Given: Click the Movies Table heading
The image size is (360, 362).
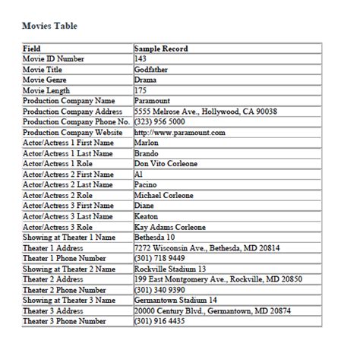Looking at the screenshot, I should (x=49, y=26).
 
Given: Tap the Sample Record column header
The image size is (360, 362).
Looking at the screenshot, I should (x=160, y=49).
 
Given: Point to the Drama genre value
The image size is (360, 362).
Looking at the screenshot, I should (x=145, y=80).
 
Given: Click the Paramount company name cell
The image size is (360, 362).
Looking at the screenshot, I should (x=152, y=100).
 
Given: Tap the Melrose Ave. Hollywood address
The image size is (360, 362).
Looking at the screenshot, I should (x=205, y=111).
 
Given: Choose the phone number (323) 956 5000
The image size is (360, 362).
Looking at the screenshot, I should (x=159, y=121).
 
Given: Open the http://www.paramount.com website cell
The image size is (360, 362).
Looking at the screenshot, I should (x=179, y=132).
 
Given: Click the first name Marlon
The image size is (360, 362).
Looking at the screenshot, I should (x=146, y=143).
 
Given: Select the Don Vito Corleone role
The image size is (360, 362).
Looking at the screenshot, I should (x=166, y=163).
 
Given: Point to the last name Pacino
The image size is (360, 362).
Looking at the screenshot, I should (x=146, y=184).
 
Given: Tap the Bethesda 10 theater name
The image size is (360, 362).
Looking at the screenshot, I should (x=156, y=237).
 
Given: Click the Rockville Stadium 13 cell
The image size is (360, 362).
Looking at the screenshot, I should (x=169, y=269).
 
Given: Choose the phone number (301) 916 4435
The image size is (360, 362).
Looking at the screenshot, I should (x=159, y=321).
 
